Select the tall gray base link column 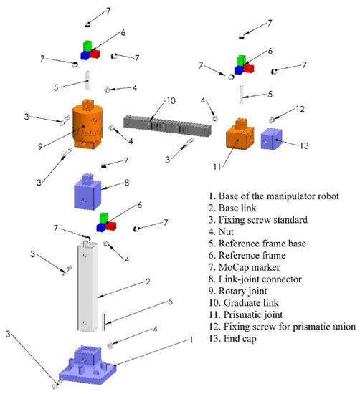90,287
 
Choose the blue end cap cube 274,140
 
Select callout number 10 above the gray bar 171,100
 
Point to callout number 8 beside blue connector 127,183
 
